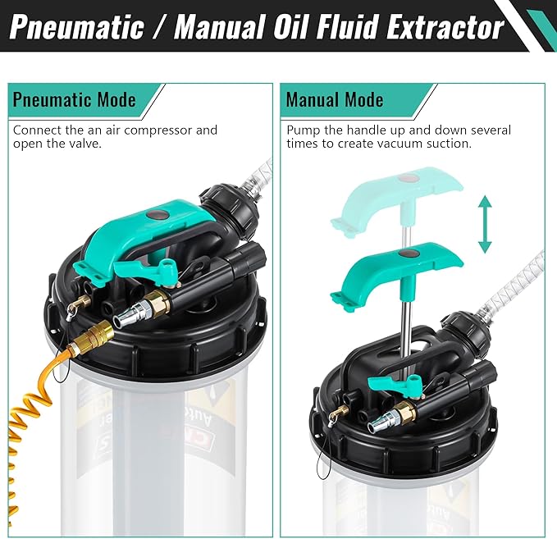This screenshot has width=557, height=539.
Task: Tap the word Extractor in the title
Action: [x=436, y=27]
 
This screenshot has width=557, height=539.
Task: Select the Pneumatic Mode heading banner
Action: [x=74, y=100]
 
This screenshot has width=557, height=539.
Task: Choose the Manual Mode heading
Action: [x=334, y=100]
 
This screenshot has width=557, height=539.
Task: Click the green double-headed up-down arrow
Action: [x=485, y=224]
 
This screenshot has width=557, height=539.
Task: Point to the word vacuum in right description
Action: [x=395, y=144]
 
